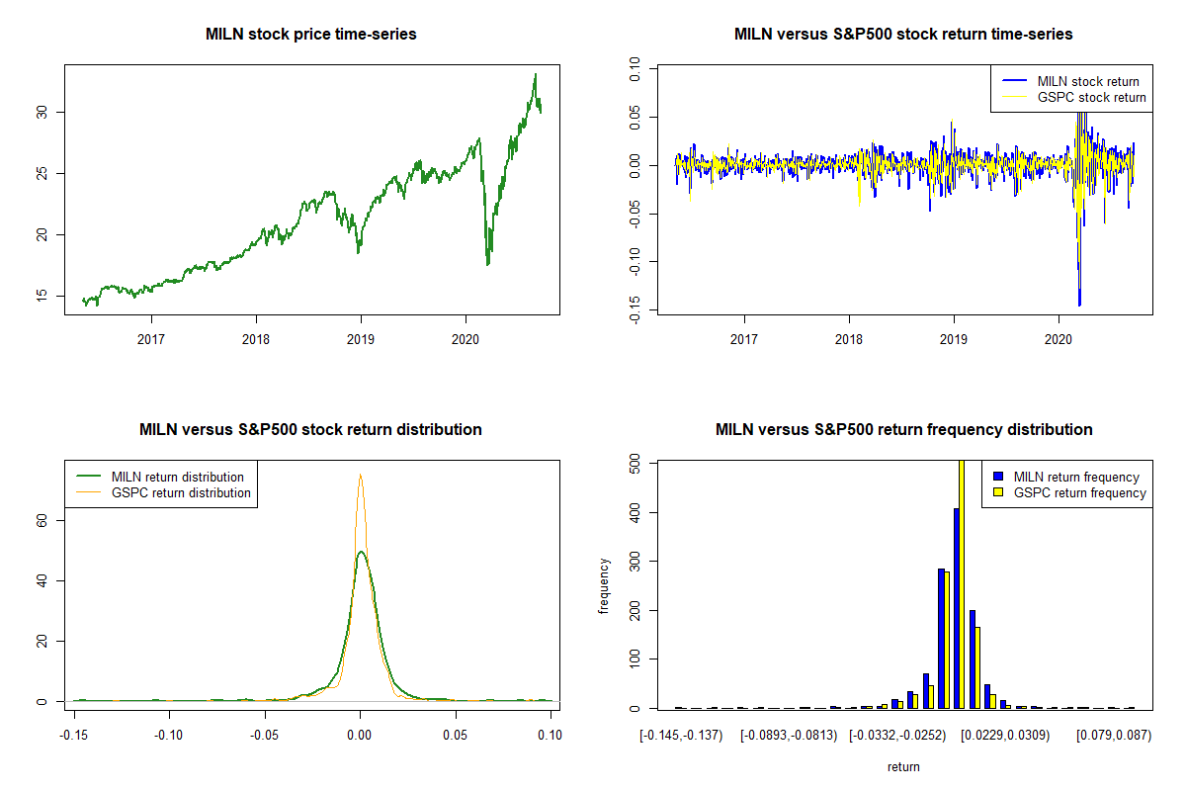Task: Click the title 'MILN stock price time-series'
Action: pos(311,35)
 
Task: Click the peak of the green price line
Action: pos(535,74)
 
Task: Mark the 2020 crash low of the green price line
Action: pos(487,264)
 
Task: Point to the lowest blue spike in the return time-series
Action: pos(1079,305)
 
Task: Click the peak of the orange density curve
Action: pos(361,475)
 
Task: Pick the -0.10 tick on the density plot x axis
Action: pos(168,735)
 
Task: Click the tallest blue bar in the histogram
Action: pos(957,608)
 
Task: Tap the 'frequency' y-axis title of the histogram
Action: pos(604,585)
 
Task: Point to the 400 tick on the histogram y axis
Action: pos(633,512)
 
